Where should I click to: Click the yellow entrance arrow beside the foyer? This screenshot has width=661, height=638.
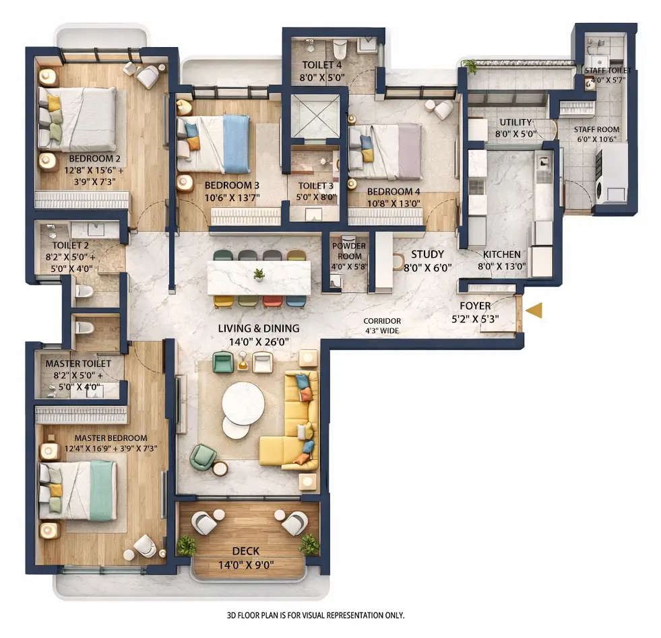534,310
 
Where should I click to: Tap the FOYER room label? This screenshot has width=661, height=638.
475,306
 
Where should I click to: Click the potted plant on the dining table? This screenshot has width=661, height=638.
259,274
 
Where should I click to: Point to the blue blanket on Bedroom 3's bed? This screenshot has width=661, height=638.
236,143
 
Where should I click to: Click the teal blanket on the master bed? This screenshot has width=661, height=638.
102,490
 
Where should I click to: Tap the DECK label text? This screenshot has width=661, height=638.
245,551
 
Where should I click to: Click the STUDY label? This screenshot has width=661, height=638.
427,254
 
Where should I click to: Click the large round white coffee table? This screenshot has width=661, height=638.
243,403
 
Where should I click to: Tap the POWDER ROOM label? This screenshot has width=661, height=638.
350,251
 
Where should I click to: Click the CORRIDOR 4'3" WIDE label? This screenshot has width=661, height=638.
382,326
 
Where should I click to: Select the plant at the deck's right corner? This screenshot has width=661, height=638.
309,544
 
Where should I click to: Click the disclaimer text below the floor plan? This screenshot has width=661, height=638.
315,615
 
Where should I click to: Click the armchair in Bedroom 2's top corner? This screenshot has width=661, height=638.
148,76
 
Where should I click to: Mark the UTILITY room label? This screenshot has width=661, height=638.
515,122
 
